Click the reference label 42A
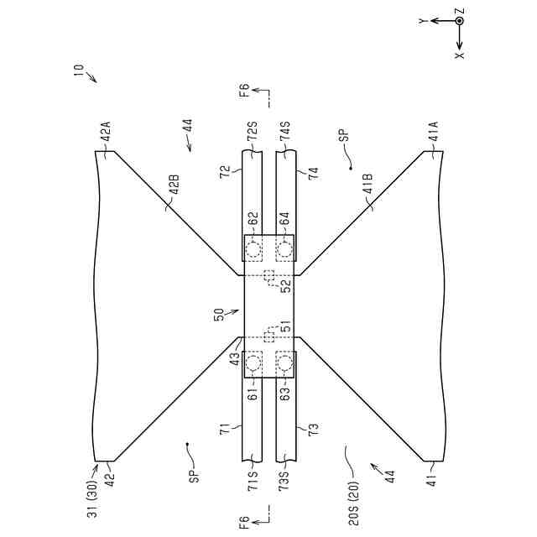pyautogui.click(x=105, y=134)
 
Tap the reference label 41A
pyautogui.click(x=433, y=134)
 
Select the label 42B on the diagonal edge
pyautogui.click(x=174, y=185)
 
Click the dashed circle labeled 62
pyautogui.click(x=252, y=248)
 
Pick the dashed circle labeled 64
pyautogui.click(x=286, y=248)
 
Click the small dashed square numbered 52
pyautogui.click(x=268, y=276)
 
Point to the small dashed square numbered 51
pyautogui.click(x=268, y=336)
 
